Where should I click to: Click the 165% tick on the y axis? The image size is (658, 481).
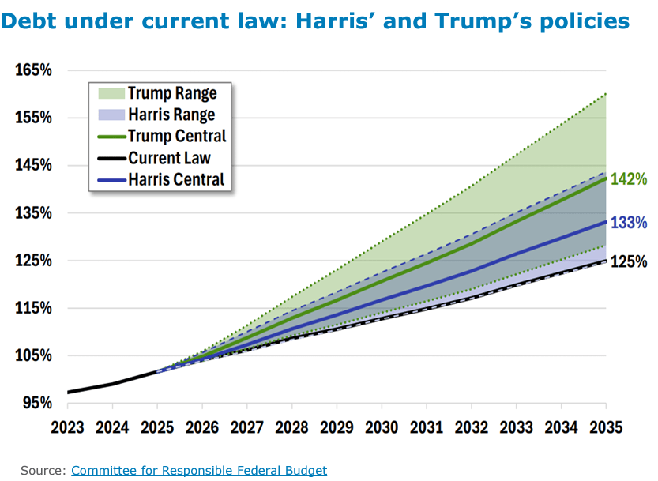[33, 70]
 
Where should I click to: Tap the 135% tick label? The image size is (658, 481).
[33, 212]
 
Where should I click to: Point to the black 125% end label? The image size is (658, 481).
[629, 261]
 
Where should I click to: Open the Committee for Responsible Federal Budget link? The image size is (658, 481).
[198, 470]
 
